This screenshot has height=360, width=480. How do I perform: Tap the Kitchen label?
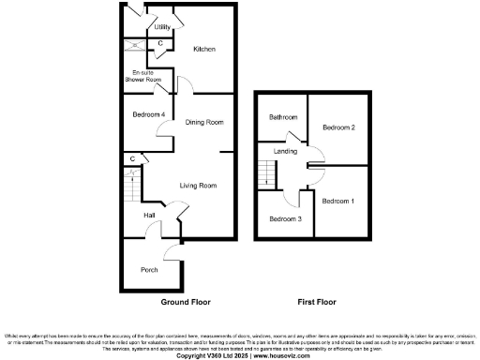click(x=204, y=49)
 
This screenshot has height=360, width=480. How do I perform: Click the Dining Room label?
click(x=203, y=122)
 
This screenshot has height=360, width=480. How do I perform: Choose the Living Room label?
click(x=198, y=186)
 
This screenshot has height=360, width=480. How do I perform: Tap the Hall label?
click(x=149, y=216)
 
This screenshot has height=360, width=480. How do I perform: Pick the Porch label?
click(x=149, y=269)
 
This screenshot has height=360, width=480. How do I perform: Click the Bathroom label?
click(x=283, y=117)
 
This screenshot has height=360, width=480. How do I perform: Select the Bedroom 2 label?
click(x=338, y=127)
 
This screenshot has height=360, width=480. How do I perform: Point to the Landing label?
click(x=286, y=151)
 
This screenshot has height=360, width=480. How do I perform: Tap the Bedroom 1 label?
click(x=338, y=201)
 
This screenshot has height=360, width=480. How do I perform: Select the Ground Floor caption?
click(x=186, y=303)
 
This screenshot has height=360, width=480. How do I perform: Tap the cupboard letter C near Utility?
click(x=160, y=43)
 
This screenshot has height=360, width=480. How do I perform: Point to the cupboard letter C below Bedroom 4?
click(x=133, y=159)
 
